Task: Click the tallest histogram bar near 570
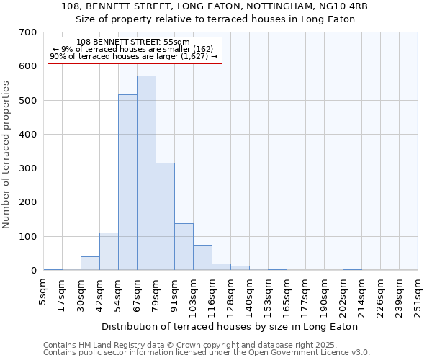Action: tap(146, 173)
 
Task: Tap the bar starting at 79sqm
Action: tap(165, 216)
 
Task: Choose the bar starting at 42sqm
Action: tap(109, 251)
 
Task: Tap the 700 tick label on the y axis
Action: tap(27, 32)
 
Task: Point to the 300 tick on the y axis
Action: tap(27, 168)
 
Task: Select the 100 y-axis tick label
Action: tap(27, 237)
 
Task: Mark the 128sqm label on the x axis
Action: tap(231, 296)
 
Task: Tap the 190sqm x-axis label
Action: tap(325, 296)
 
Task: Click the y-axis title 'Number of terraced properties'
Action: tap(7, 154)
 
